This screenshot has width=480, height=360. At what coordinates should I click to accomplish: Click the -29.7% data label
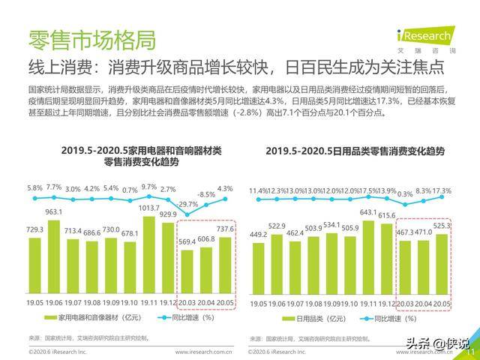pyautogui.click(x=187, y=204)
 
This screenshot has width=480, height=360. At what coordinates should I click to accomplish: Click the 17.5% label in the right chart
pyautogui.click(x=367, y=190)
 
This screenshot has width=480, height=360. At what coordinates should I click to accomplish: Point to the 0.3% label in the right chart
pyautogui.click(x=406, y=193)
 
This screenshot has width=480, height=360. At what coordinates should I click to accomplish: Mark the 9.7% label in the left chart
pyautogui.click(x=148, y=187)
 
